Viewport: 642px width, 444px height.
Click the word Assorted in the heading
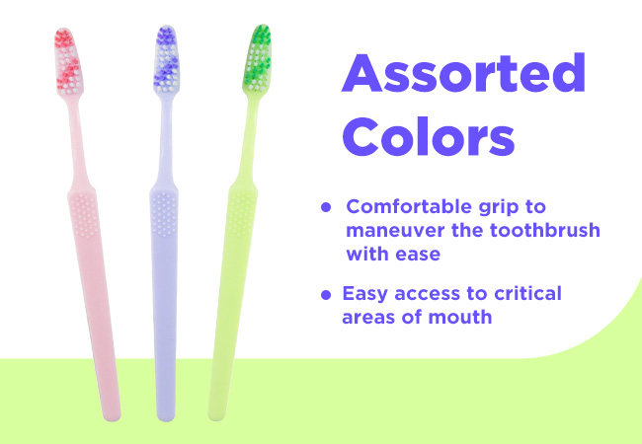pos(463,73)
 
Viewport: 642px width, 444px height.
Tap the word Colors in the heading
pos(429,136)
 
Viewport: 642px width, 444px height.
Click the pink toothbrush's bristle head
pos(68,60)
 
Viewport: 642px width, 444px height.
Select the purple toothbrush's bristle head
pos(167,58)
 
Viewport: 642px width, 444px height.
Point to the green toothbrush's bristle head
pos(258,57)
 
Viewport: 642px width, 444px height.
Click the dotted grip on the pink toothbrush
pos(84,215)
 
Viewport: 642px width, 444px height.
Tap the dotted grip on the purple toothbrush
pos(164,214)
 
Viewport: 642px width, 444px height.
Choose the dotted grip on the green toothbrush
pos(242,212)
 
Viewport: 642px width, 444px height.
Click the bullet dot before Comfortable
pos(326,207)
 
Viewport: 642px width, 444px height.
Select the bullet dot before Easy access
pos(326,294)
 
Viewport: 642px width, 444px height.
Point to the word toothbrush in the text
pos(545,230)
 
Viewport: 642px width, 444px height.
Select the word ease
pos(418,255)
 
